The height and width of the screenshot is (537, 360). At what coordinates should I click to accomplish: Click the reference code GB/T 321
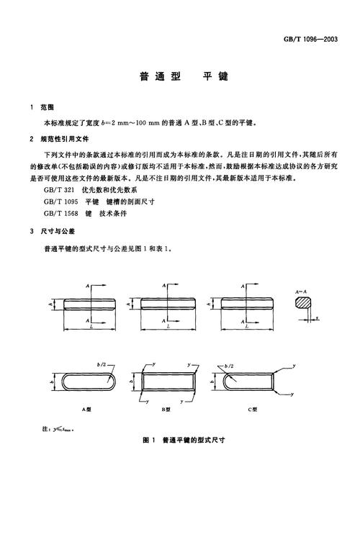point(59,191)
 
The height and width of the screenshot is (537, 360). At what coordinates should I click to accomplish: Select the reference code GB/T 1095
point(60,202)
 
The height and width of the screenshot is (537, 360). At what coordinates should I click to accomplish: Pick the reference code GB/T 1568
point(60,213)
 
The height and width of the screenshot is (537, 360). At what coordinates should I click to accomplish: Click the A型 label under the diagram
point(87,407)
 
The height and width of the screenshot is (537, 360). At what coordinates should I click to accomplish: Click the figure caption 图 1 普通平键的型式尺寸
point(184,438)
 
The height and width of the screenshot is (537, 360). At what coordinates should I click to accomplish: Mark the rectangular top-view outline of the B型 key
point(169,382)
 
